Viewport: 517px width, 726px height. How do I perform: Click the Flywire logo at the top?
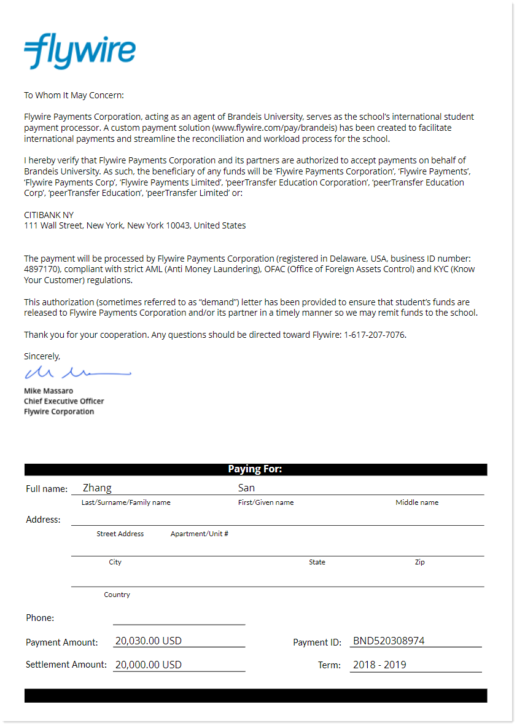pyautogui.click(x=80, y=51)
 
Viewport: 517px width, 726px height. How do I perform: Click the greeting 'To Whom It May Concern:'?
pyautogui.click(x=74, y=95)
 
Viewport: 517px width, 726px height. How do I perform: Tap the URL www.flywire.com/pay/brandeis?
pyautogui.click(x=275, y=128)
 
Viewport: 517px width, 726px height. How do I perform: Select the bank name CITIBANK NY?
pyautogui.click(x=49, y=215)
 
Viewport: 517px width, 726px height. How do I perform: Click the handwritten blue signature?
pyautogui.click(x=77, y=372)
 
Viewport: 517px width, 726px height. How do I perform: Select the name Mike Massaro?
pyautogui.click(x=49, y=391)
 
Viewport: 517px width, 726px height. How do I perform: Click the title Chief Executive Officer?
pyautogui.click(x=64, y=401)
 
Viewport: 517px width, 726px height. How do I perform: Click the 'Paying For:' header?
pyautogui.click(x=255, y=469)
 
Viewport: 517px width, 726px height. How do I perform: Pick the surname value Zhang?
pyautogui.click(x=97, y=488)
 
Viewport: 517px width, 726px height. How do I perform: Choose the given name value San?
pyautogui.click(x=246, y=488)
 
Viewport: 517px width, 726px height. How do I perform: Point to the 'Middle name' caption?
pyautogui.click(x=417, y=502)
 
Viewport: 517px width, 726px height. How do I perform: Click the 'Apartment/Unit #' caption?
pyautogui.click(x=200, y=534)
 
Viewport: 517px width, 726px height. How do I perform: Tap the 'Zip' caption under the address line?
pyautogui.click(x=419, y=562)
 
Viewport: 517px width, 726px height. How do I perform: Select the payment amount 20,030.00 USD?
pyautogui.click(x=149, y=641)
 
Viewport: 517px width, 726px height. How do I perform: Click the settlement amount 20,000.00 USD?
pyautogui.click(x=149, y=665)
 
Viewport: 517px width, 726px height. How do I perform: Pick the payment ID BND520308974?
pyautogui.click(x=389, y=641)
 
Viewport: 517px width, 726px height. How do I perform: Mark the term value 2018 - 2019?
pyautogui.click(x=379, y=665)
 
